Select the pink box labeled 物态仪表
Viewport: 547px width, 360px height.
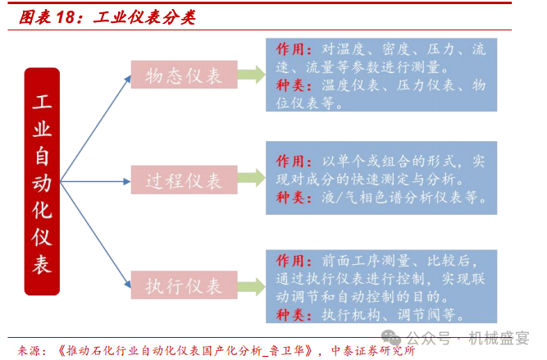click(x=184, y=76)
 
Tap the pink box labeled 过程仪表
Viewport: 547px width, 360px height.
click(x=184, y=180)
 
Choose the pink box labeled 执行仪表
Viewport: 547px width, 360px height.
click(x=184, y=285)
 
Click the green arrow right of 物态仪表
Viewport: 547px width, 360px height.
click(x=252, y=75)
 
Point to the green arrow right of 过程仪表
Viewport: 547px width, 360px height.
click(x=252, y=180)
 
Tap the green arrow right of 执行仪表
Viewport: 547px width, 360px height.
click(x=252, y=285)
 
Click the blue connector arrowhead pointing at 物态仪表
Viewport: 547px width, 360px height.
click(x=127, y=79)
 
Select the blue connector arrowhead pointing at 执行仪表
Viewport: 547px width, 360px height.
click(x=127, y=283)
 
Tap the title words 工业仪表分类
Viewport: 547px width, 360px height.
click(x=139, y=16)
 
